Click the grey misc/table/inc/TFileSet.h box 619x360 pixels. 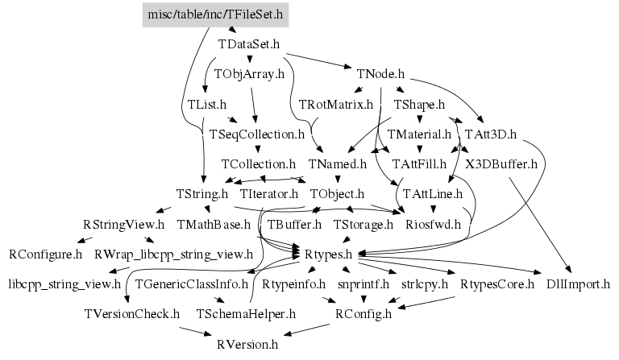(216, 14)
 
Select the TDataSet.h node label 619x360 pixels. (249, 43)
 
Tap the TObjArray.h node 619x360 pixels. (250, 74)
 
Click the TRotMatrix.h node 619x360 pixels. (336, 105)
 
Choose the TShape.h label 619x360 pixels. (419, 105)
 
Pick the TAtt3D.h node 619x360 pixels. (490, 134)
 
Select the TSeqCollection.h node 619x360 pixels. (257, 134)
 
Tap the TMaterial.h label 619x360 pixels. (419, 134)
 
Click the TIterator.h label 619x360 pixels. (269, 194)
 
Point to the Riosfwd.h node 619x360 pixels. (433, 224)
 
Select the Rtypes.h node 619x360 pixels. (329, 254)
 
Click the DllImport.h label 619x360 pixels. (578, 284)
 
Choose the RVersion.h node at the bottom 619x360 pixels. (247, 344)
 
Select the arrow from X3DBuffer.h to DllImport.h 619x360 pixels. (541, 226)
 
